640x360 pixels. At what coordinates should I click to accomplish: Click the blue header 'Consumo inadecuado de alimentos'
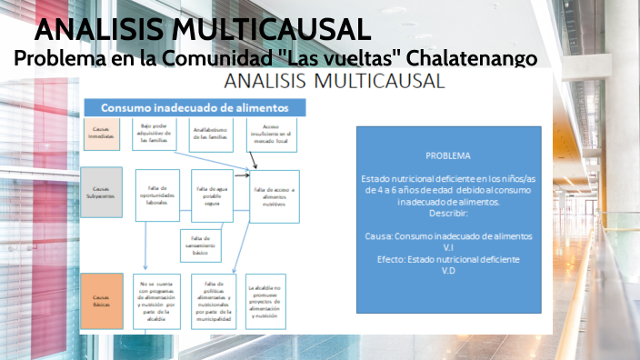195,107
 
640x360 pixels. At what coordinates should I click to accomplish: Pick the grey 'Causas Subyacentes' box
101,193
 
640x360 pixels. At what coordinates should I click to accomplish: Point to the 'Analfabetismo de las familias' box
212,135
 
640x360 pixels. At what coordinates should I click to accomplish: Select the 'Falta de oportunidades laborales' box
156,195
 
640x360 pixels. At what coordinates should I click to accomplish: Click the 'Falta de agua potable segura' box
211,195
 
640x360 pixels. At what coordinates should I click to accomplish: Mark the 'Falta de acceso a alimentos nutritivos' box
275,195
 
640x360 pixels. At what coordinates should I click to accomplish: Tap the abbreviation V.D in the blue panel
447,270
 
